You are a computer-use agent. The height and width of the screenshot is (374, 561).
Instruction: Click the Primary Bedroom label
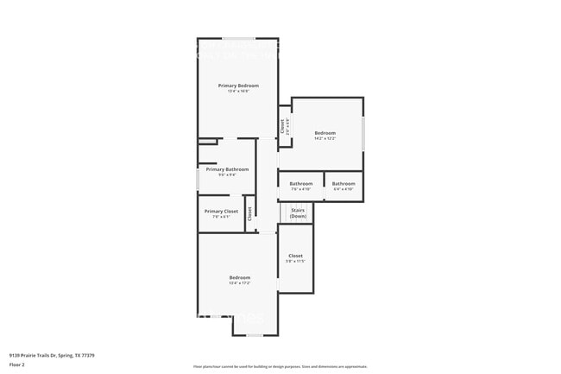coord(238,86)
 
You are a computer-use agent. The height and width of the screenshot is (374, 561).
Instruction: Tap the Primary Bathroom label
coord(227,169)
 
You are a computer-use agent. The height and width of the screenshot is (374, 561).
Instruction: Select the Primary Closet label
coord(221,211)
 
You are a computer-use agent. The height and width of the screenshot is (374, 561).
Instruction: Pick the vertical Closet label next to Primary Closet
coord(249,213)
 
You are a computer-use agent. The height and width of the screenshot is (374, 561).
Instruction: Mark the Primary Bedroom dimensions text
coord(238,92)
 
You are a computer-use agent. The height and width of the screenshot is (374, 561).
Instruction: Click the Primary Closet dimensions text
coord(221,217)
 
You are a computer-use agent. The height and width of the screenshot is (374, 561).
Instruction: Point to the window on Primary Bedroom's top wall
coord(238,38)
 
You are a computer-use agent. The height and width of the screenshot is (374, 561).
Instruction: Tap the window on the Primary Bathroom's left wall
coord(198,180)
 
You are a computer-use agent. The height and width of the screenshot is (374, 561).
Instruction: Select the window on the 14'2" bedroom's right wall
coord(363,134)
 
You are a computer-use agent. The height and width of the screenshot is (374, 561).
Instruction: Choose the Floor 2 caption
coord(17,364)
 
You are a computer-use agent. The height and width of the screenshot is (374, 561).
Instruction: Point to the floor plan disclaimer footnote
coord(280,366)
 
